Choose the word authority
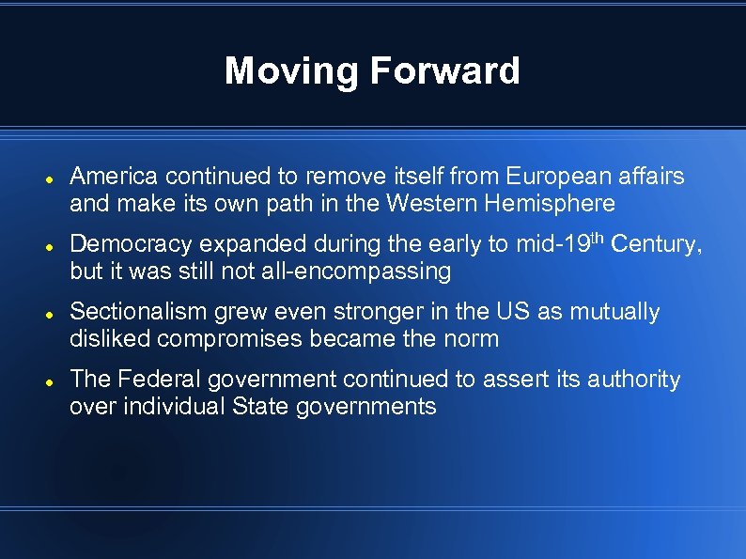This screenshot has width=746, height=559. coord(633,380)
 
